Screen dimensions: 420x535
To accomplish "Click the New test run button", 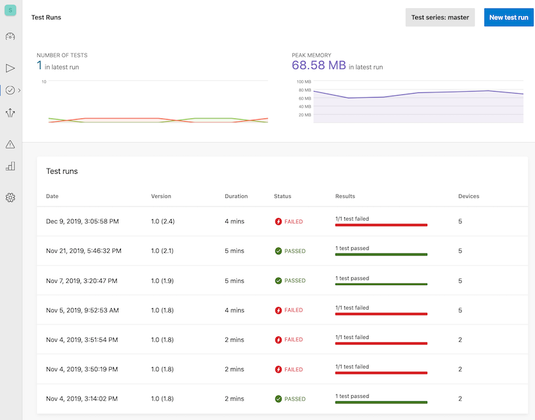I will [x=508, y=17].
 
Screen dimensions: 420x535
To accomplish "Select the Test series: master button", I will [x=440, y=17].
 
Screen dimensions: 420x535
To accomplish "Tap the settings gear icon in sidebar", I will [x=10, y=197].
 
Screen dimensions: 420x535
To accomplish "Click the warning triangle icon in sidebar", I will [x=10, y=144].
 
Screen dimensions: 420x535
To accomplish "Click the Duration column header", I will [x=236, y=197].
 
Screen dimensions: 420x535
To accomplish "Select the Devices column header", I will [x=468, y=197].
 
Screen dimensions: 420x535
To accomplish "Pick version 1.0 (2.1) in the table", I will [x=163, y=251].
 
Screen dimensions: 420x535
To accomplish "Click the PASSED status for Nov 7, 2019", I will [x=290, y=281].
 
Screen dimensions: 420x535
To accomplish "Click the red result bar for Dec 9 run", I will [x=381, y=225].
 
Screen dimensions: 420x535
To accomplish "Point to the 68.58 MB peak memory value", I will [x=319, y=66].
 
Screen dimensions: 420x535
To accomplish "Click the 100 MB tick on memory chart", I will [x=304, y=82].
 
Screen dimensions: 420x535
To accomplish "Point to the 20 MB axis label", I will [x=304, y=115].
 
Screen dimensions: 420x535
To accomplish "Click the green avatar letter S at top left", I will [x=10, y=11].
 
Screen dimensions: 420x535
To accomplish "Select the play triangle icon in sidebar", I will [x=10, y=68].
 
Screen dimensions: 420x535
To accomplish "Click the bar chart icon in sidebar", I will [x=10, y=167].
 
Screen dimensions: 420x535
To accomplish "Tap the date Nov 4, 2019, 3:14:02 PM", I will [x=82, y=399].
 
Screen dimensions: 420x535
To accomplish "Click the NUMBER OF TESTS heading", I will [x=62, y=55].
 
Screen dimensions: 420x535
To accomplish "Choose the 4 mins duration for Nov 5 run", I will [x=235, y=310].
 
